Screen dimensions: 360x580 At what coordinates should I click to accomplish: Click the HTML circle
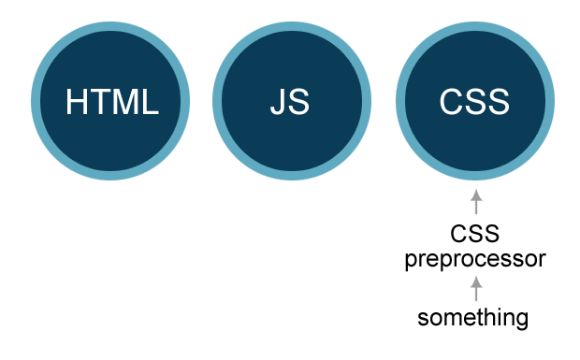[109, 102]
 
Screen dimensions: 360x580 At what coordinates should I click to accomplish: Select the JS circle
[291, 102]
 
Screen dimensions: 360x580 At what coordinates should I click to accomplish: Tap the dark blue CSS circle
[474, 102]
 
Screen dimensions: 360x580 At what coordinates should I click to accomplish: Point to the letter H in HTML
[78, 102]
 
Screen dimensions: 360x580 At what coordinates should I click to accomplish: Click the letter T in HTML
[98, 102]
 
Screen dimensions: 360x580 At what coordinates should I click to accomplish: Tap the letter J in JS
[279, 102]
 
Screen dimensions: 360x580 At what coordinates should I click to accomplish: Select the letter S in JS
[299, 102]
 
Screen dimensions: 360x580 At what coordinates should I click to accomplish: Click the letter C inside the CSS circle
[451, 102]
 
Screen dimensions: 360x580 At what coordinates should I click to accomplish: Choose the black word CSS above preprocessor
[474, 234]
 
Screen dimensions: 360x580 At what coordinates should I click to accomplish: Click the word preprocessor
[474, 258]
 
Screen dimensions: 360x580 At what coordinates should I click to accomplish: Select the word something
[473, 318]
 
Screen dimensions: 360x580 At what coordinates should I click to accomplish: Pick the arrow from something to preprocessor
[475, 288]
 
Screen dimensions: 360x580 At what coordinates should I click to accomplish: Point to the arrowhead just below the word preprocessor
[475, 281]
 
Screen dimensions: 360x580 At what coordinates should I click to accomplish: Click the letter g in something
[522, 320]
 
